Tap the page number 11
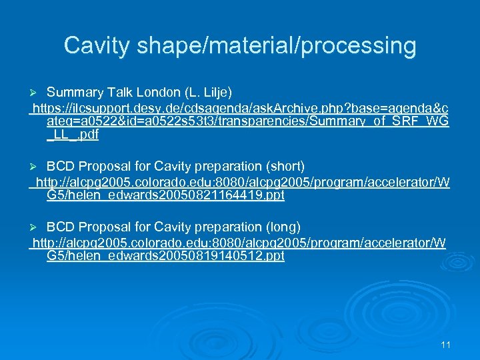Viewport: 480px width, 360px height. [446, 345]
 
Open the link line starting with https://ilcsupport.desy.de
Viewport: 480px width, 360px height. [240, 108]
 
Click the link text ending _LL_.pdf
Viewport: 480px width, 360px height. [73, 135]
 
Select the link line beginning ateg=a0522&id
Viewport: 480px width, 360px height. [247, 121]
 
